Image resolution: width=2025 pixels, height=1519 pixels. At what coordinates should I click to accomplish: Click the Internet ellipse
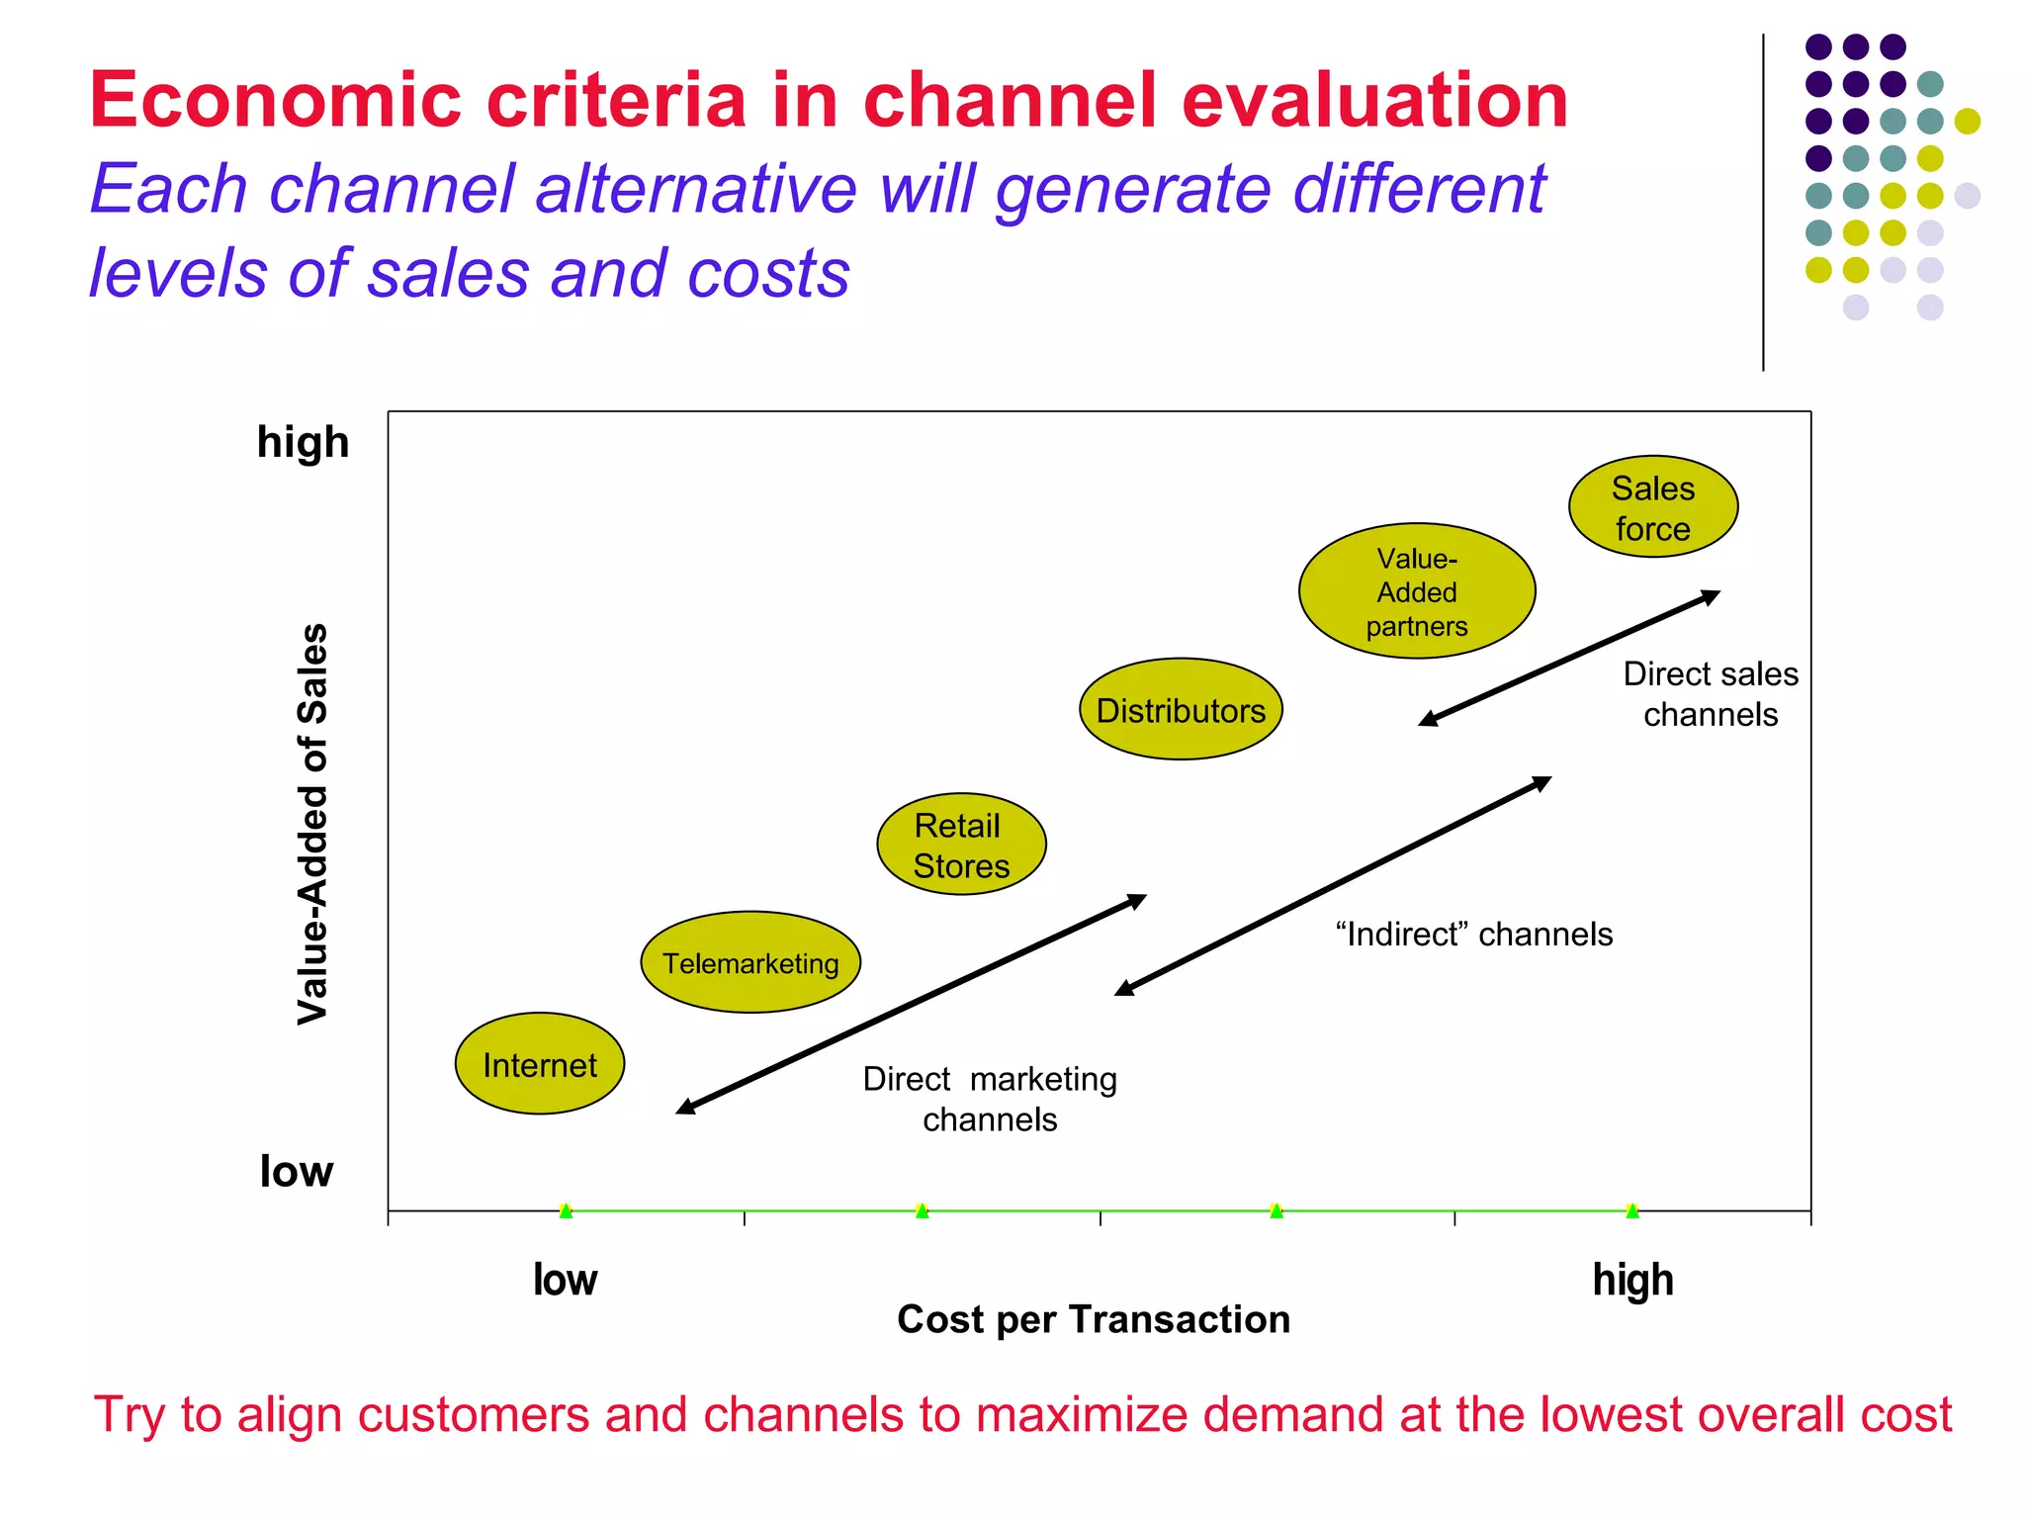pyautogui.click(x=540, y=1064)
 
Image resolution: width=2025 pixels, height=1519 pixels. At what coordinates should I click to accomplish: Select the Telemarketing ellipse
pyautogui.click(x=750, y=962)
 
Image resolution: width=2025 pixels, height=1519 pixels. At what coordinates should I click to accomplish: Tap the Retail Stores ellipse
pyautogui.click(x=961, y=845)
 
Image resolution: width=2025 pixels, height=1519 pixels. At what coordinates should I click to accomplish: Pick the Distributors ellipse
pyautogui.click(x=1181, y=710)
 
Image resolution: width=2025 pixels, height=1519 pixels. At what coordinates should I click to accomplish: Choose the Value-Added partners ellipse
pyautogui.click(x=1417, y=591)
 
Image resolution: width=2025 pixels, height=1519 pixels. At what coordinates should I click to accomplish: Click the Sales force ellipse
pyautogui.click(x=1653, y=507)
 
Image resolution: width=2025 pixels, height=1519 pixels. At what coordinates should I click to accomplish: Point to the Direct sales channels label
pyautogui.click(x=1711, y=694)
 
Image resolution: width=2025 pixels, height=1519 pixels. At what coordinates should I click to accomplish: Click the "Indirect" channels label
pyautogui.click(x=1473, y=934)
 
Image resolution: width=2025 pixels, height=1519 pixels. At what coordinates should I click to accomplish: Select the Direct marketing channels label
pyautogui.click(x=990, y=1099)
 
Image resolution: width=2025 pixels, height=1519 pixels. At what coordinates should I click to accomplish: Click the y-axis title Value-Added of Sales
pyautogui.click(x=312, y=823)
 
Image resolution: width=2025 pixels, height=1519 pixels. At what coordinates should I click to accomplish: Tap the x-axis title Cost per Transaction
pyautogui.click(x=1094, y=1319)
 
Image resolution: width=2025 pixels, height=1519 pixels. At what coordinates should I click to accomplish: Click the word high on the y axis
pyautogui.click(x=303, y=442)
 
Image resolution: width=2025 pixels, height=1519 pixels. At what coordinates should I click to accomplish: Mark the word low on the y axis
pyautogui.click(x=296, y=1172)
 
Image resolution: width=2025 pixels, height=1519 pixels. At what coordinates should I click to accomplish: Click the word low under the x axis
pyautogui.click(x=565, y=1280)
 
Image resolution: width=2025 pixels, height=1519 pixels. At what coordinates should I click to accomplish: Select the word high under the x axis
pyautogui.click(x=1632, y=1280)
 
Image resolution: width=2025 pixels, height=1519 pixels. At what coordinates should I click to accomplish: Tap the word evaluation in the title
pyautogui.click(x=1374, y=101)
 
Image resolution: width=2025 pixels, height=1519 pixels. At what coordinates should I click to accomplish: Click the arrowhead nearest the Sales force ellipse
pyautogui.click(x=1712, y=595)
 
